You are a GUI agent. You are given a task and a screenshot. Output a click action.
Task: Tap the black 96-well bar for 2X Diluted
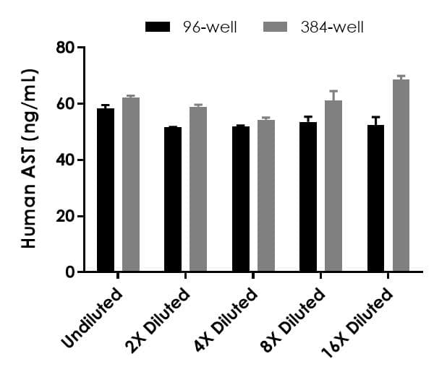(173, 199)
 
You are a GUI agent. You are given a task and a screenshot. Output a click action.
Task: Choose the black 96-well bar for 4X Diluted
(241, 199)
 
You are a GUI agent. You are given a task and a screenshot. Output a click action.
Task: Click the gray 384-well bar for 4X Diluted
(265, 196)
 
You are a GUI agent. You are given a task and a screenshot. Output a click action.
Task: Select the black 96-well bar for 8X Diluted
(308, 197)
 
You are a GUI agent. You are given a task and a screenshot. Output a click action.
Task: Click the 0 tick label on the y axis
(72, 272)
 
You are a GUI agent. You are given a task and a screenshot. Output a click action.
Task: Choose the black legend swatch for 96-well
(158, 27)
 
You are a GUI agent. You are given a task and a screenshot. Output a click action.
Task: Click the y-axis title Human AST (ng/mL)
(29, 159)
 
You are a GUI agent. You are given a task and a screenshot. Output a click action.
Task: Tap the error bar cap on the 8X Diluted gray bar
(333, 91)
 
